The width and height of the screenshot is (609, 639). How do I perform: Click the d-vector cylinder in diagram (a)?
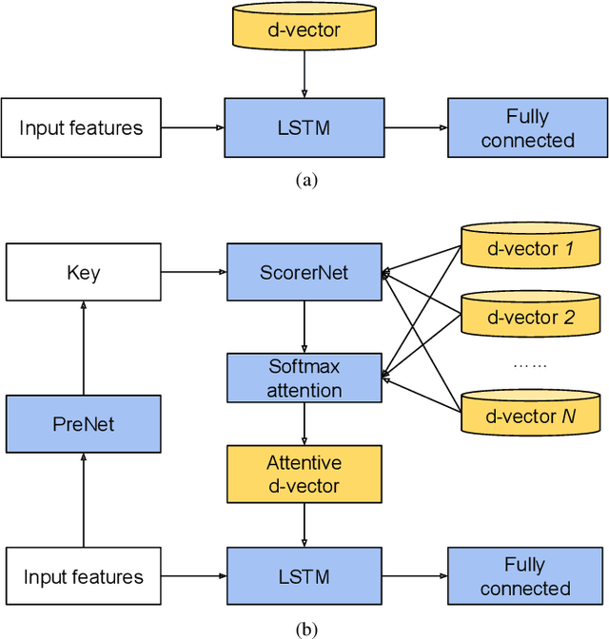304,31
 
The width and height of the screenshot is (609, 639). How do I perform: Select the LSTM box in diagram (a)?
304,128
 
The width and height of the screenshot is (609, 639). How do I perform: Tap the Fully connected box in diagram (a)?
526,128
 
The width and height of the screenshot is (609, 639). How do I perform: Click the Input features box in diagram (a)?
81,128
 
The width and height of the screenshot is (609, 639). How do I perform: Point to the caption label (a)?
304,180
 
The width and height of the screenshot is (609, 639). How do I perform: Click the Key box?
83,273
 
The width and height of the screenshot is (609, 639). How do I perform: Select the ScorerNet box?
304,273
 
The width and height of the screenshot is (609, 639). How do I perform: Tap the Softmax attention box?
304,378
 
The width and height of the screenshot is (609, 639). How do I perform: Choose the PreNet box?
83,424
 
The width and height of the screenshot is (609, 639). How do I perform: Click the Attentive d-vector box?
304,475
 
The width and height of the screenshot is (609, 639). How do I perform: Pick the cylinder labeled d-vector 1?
531,249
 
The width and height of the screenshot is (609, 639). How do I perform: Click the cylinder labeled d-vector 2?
531,318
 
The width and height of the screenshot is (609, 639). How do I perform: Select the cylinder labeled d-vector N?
531,416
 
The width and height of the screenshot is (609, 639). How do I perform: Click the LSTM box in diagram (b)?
304,576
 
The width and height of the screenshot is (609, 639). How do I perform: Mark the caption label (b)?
304,629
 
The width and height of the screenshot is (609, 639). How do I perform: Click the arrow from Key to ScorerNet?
194,273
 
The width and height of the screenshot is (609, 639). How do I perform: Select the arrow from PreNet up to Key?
83,348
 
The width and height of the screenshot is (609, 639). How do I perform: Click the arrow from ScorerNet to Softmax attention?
304,326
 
